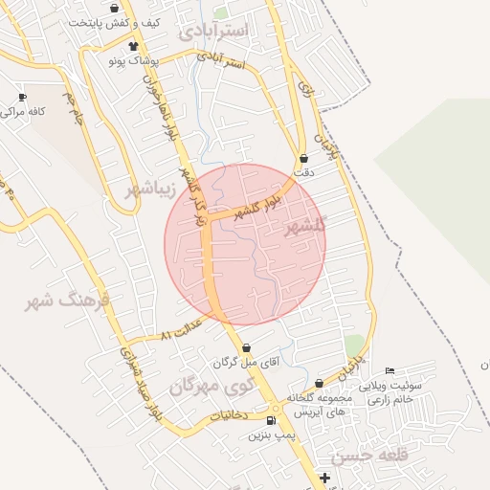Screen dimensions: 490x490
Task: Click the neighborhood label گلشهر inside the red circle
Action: coord(305,225)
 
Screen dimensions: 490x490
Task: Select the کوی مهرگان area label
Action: coord(212,388)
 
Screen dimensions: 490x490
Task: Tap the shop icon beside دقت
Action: coord(304,159)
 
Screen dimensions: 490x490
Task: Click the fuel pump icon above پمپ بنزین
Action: coord(271,421)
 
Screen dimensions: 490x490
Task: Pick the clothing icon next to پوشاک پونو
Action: coord(132,46)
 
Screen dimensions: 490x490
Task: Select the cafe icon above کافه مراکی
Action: coord(23,98)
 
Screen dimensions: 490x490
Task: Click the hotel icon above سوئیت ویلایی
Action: coord(389,371)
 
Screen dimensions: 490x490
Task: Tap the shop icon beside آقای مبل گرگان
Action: coord(248,348)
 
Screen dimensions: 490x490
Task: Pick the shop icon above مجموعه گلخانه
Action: coord(319,384)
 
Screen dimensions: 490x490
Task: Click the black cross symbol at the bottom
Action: coord(325,478)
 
